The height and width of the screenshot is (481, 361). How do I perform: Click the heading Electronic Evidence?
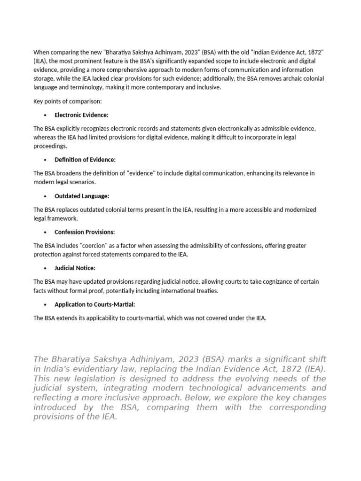point(81,115)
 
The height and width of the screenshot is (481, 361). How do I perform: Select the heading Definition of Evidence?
point(85,160)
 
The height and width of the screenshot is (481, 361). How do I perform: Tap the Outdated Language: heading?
point(81,196)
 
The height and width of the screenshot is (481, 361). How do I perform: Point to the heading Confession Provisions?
point(85,232)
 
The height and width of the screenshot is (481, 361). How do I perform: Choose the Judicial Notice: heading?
point(75,268)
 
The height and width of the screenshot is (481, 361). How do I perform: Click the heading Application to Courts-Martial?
point(94,304)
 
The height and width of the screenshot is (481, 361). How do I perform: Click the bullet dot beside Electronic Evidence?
point(45,116)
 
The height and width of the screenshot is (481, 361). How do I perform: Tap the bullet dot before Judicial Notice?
point(45,269)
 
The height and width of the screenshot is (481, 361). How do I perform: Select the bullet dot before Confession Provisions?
point(45,233)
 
